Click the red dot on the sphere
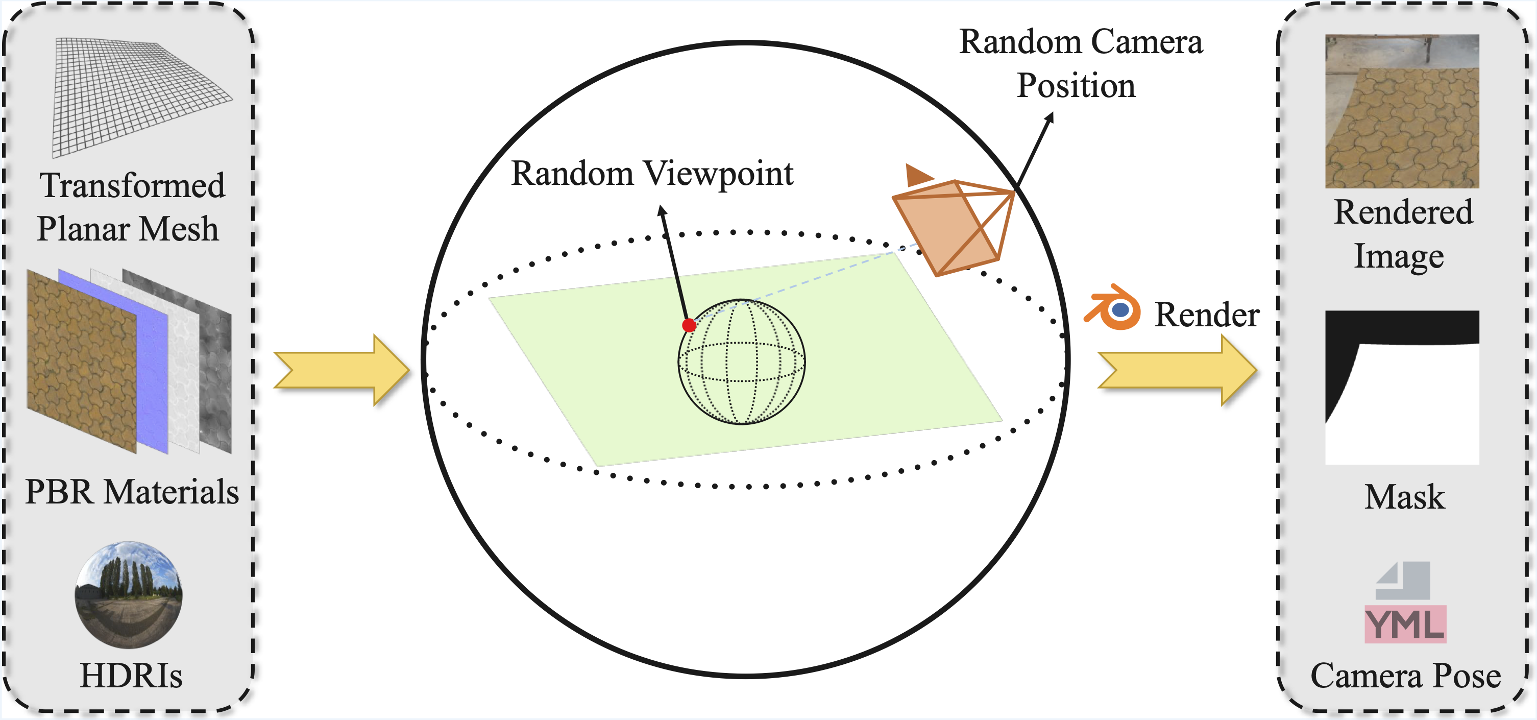689,325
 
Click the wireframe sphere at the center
742,363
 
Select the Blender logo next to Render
1113,308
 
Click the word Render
1206,315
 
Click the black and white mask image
1402,388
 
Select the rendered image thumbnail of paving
1402,112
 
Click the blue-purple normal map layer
152,382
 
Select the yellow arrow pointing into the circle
340,370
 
